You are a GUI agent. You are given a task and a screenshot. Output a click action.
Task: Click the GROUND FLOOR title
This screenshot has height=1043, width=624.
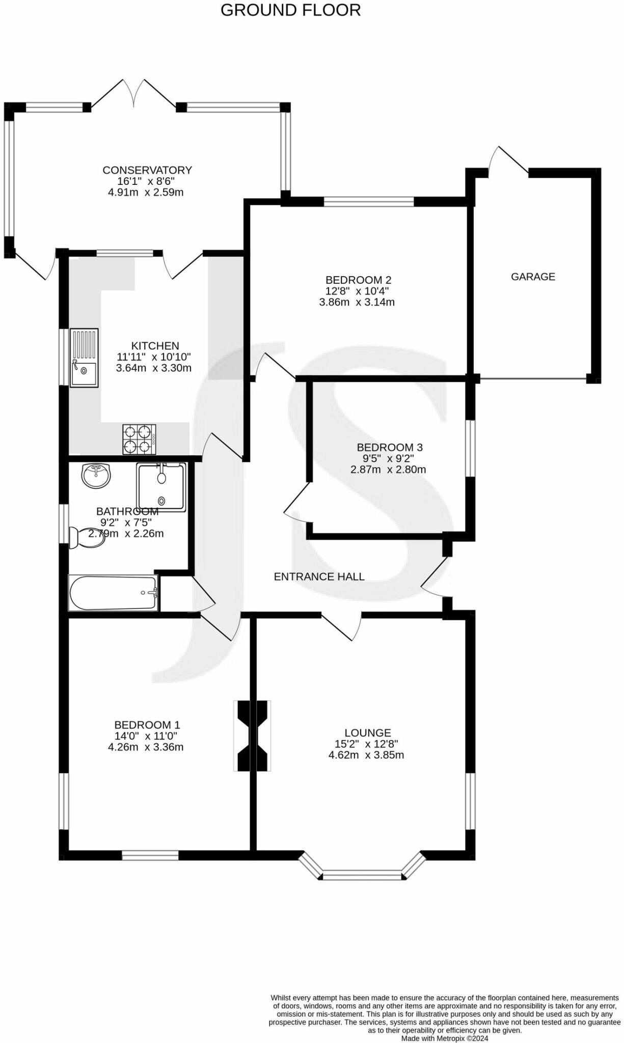click(x=290, y=10)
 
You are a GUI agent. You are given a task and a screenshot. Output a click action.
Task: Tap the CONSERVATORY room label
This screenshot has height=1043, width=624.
click(x=147, y=170)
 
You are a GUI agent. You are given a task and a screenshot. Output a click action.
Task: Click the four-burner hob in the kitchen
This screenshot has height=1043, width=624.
click(x=139, y=439)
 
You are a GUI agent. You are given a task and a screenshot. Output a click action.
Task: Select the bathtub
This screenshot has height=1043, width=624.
click(x=113, y=593)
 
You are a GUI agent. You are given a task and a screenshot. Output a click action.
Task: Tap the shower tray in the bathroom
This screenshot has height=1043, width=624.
click(x=161, y=486)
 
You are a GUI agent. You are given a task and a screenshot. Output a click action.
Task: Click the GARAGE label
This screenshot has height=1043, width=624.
click(x=533, y=277)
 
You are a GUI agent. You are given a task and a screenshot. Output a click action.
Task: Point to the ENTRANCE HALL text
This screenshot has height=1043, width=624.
click(x=319, y=577)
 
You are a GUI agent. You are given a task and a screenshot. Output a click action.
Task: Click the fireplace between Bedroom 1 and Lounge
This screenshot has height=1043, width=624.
click(x=252, y=736)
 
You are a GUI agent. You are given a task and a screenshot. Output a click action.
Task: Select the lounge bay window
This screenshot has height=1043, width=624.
click(x=362, y=871)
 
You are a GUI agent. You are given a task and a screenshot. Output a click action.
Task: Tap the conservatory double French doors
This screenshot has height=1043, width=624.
click(x=134, y=93)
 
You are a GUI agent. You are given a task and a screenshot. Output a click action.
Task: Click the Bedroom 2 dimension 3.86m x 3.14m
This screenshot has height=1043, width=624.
click(x=357, y=302)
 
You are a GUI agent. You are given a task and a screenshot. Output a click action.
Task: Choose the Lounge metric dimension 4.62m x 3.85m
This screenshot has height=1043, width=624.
click(x=366, y=755)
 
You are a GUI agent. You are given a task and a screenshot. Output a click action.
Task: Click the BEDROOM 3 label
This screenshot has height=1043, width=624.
click(x=390, y=447)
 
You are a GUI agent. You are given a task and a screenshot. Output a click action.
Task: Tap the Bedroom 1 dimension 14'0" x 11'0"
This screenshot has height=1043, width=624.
click(x=146, y=736)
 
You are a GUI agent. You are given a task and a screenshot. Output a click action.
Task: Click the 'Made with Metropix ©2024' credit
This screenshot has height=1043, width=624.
click(x=445, y=1038)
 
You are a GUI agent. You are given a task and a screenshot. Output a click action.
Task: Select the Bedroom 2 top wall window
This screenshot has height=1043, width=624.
click(x=369, y=202)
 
